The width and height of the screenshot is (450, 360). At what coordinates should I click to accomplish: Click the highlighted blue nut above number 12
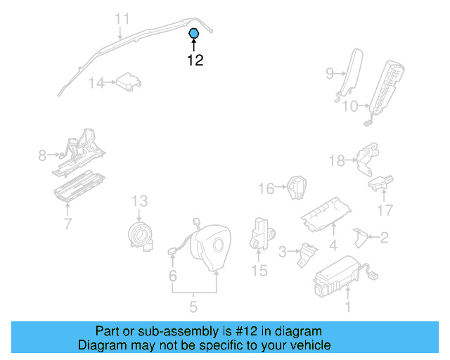pos(194,33)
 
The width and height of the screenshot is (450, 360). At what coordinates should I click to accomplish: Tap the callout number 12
pos(195,60)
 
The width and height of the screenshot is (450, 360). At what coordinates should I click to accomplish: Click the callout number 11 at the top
pos(122,19)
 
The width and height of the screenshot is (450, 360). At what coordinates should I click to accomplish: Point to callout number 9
pos(329,72)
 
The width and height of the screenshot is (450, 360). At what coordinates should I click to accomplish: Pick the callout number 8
pos(41,155)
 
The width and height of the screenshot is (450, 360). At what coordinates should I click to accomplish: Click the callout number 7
pos(67,224)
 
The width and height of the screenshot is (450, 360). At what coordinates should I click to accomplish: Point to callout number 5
pos(193,307)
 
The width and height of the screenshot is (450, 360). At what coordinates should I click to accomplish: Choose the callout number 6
pos(172,276)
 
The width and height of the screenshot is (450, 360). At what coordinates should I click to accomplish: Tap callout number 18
pos(337,160)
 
